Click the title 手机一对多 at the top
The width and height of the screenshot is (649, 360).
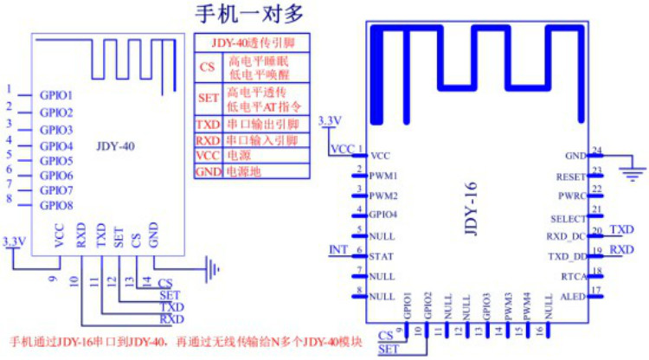click(x=254, y=15)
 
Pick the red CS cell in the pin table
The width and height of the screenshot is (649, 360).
click(x=208, y=67)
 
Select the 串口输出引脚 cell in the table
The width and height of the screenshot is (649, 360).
click(x=261, y=125)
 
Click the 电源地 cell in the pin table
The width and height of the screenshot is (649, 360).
click(x=243, y=171)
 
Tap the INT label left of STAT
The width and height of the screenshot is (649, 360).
click(x=338, y=251)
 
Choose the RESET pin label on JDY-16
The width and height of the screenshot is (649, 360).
click(x=571, y=177)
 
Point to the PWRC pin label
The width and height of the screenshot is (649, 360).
click(x=573, y=196)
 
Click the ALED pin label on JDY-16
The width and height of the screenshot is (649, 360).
click(x=573, y=296)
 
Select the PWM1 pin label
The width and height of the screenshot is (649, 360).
click(x=382, y=176)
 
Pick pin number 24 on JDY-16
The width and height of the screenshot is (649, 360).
click(x=596, y=150)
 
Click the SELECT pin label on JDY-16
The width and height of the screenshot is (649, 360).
click(x=569, y=217)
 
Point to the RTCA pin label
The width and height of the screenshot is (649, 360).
click(x=573, y=276)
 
